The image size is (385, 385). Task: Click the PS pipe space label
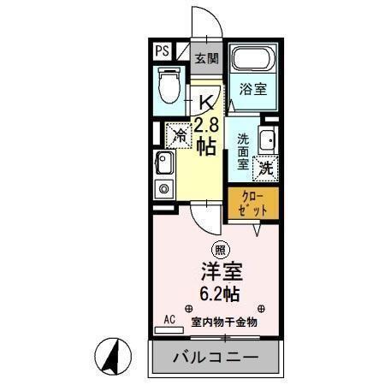click(163, 51)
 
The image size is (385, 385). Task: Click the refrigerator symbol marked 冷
click(180, 134)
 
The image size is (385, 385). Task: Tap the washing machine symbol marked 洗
click(266, 168)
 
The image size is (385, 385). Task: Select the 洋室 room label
click(221, 273)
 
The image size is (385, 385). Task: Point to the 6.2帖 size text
click(221, 294)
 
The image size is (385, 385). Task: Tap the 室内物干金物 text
click(224, 322)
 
